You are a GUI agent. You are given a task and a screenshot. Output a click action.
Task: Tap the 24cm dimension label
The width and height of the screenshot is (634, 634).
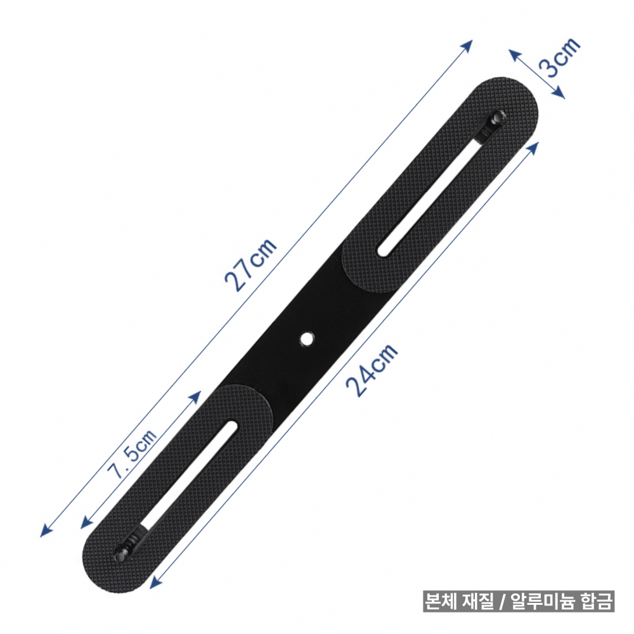click(x=372, y=370)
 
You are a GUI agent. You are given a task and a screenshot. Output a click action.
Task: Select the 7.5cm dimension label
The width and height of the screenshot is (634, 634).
click(x=131, y=454)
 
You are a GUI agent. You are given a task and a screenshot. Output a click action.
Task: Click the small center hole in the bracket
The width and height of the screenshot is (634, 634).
click(x=308, y=338)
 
